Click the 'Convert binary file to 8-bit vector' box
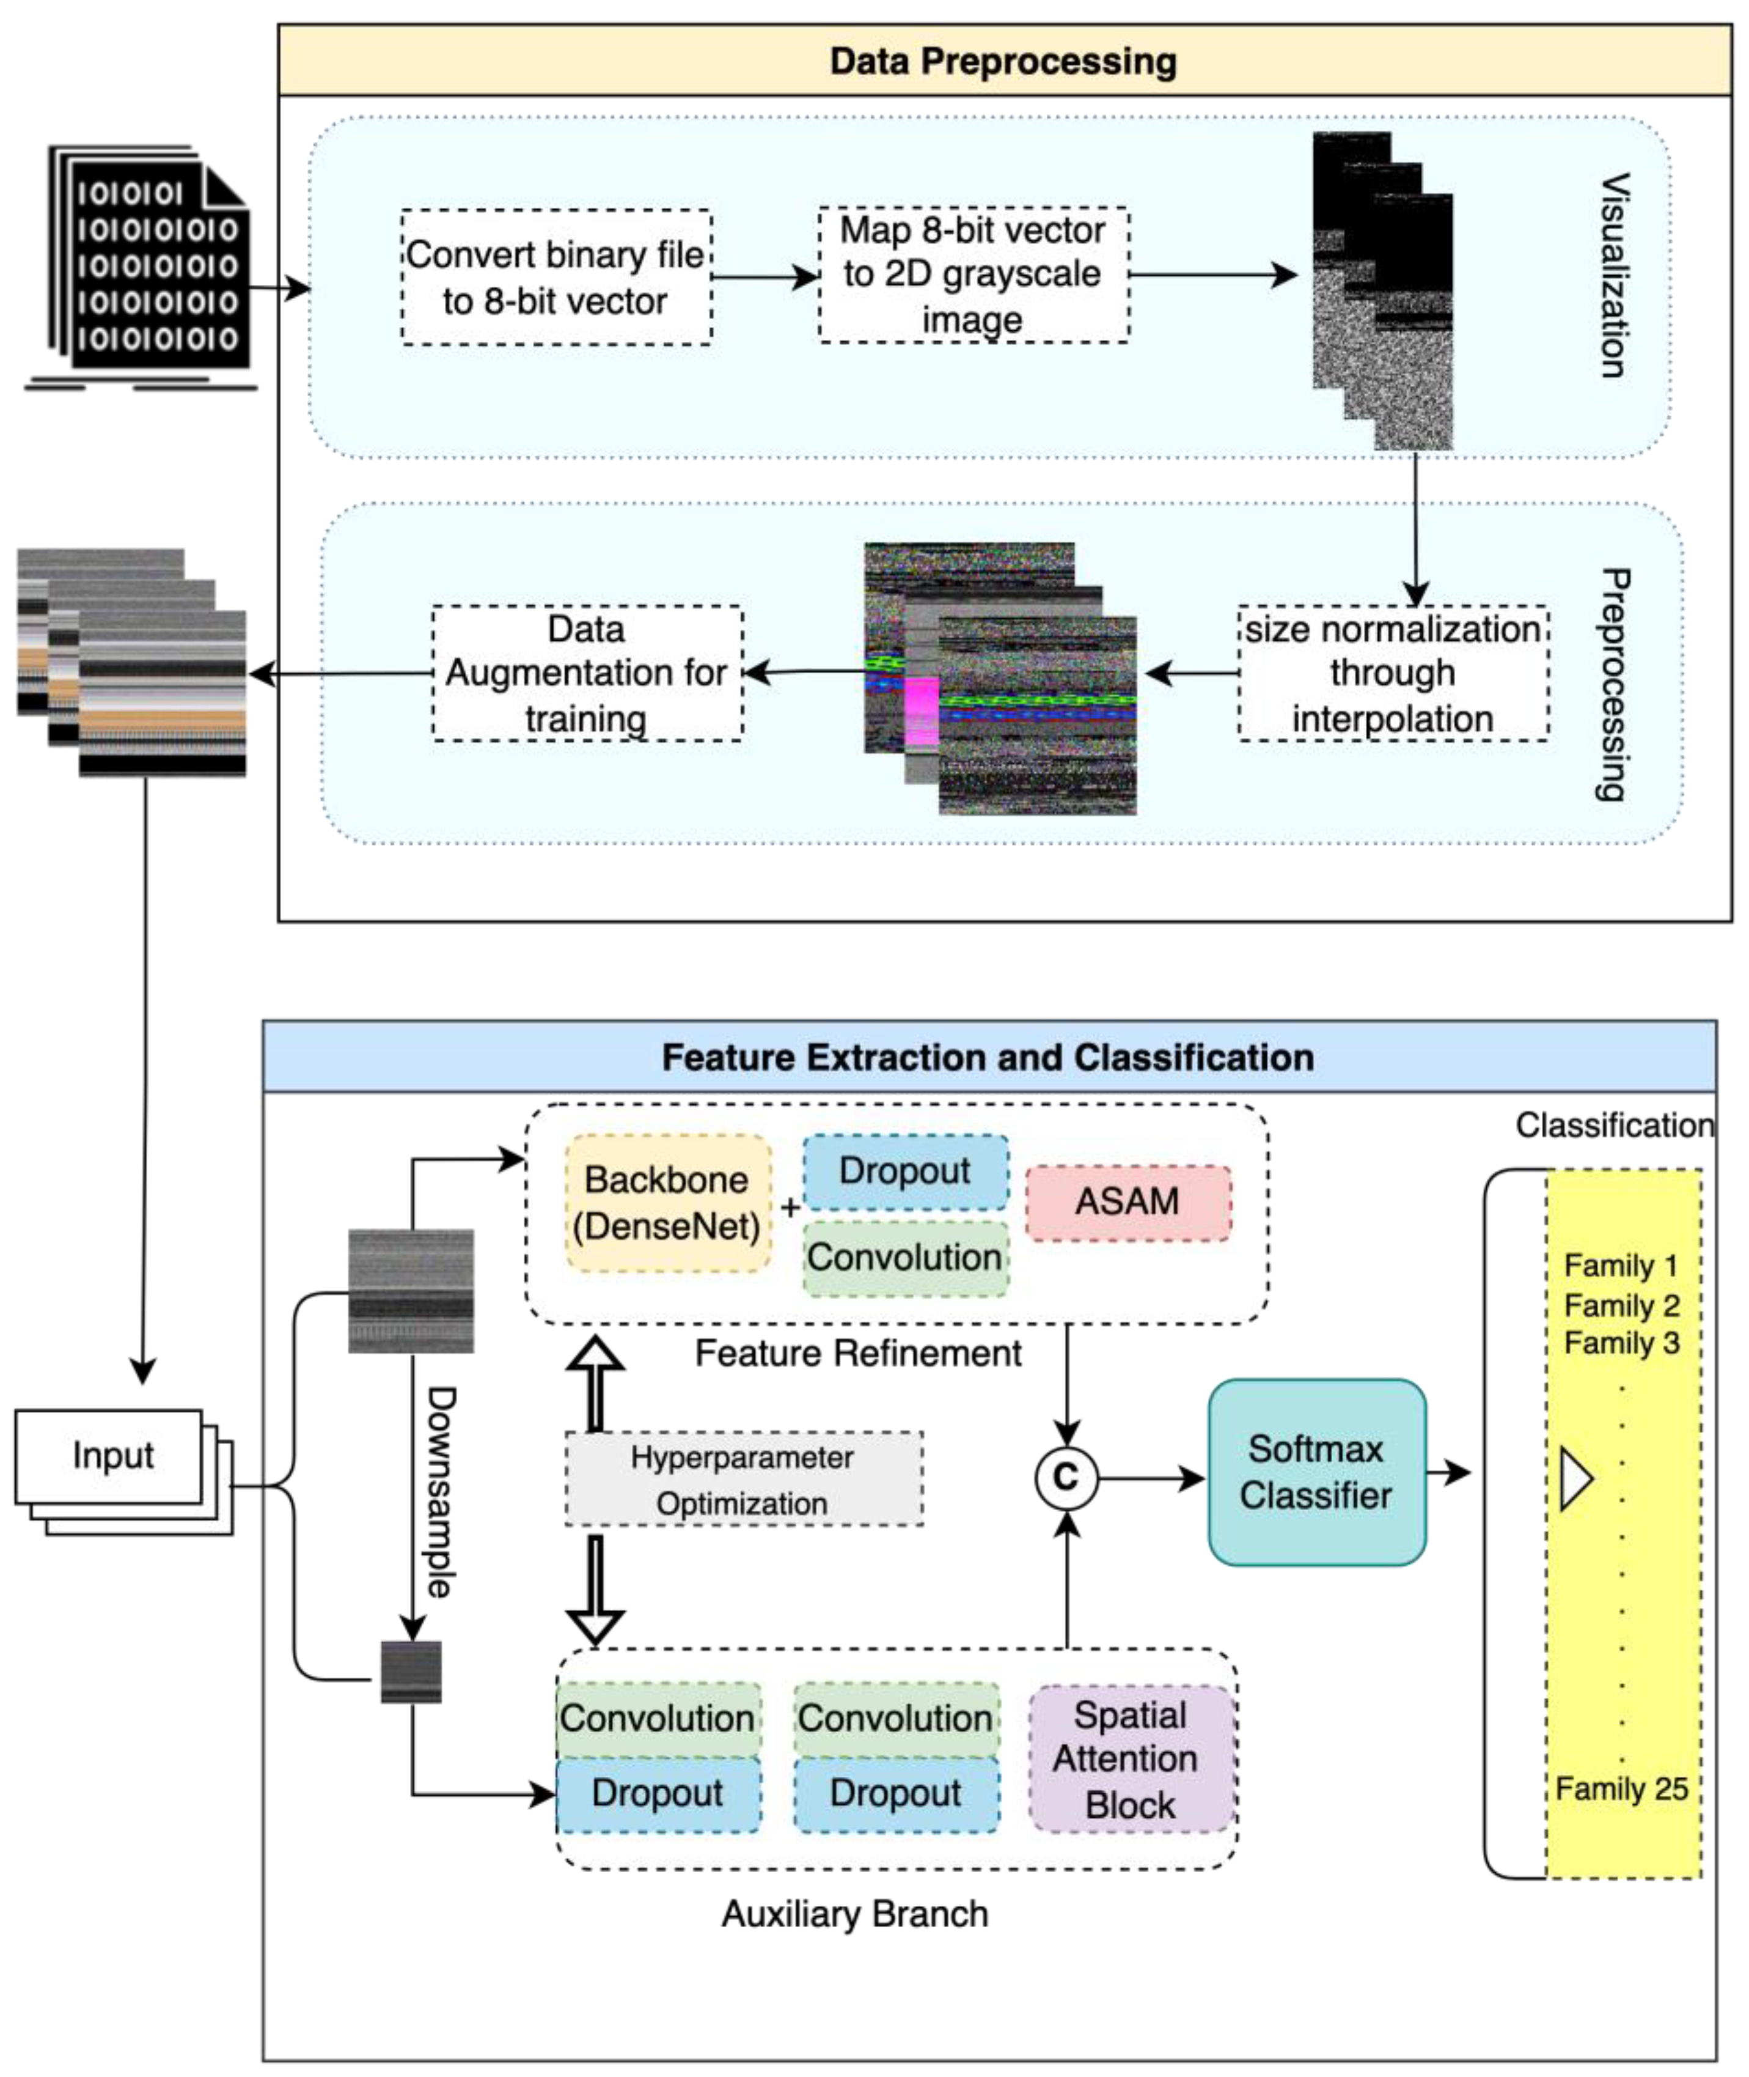click(x=556, y=278)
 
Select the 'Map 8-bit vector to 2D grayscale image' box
click(x=973, y=275)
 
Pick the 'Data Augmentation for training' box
click(x=587, y=674)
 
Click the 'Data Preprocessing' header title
click(x=1003, y=62)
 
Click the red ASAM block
click(x=1127, y=1202)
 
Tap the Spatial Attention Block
click(x=1131, y=1760)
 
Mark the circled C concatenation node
click(x=1066, y=1478)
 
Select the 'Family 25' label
click(x=1621, y=1788)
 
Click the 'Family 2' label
click(x=1621, y=1305)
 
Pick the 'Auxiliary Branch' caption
click(x=855, y=1913)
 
